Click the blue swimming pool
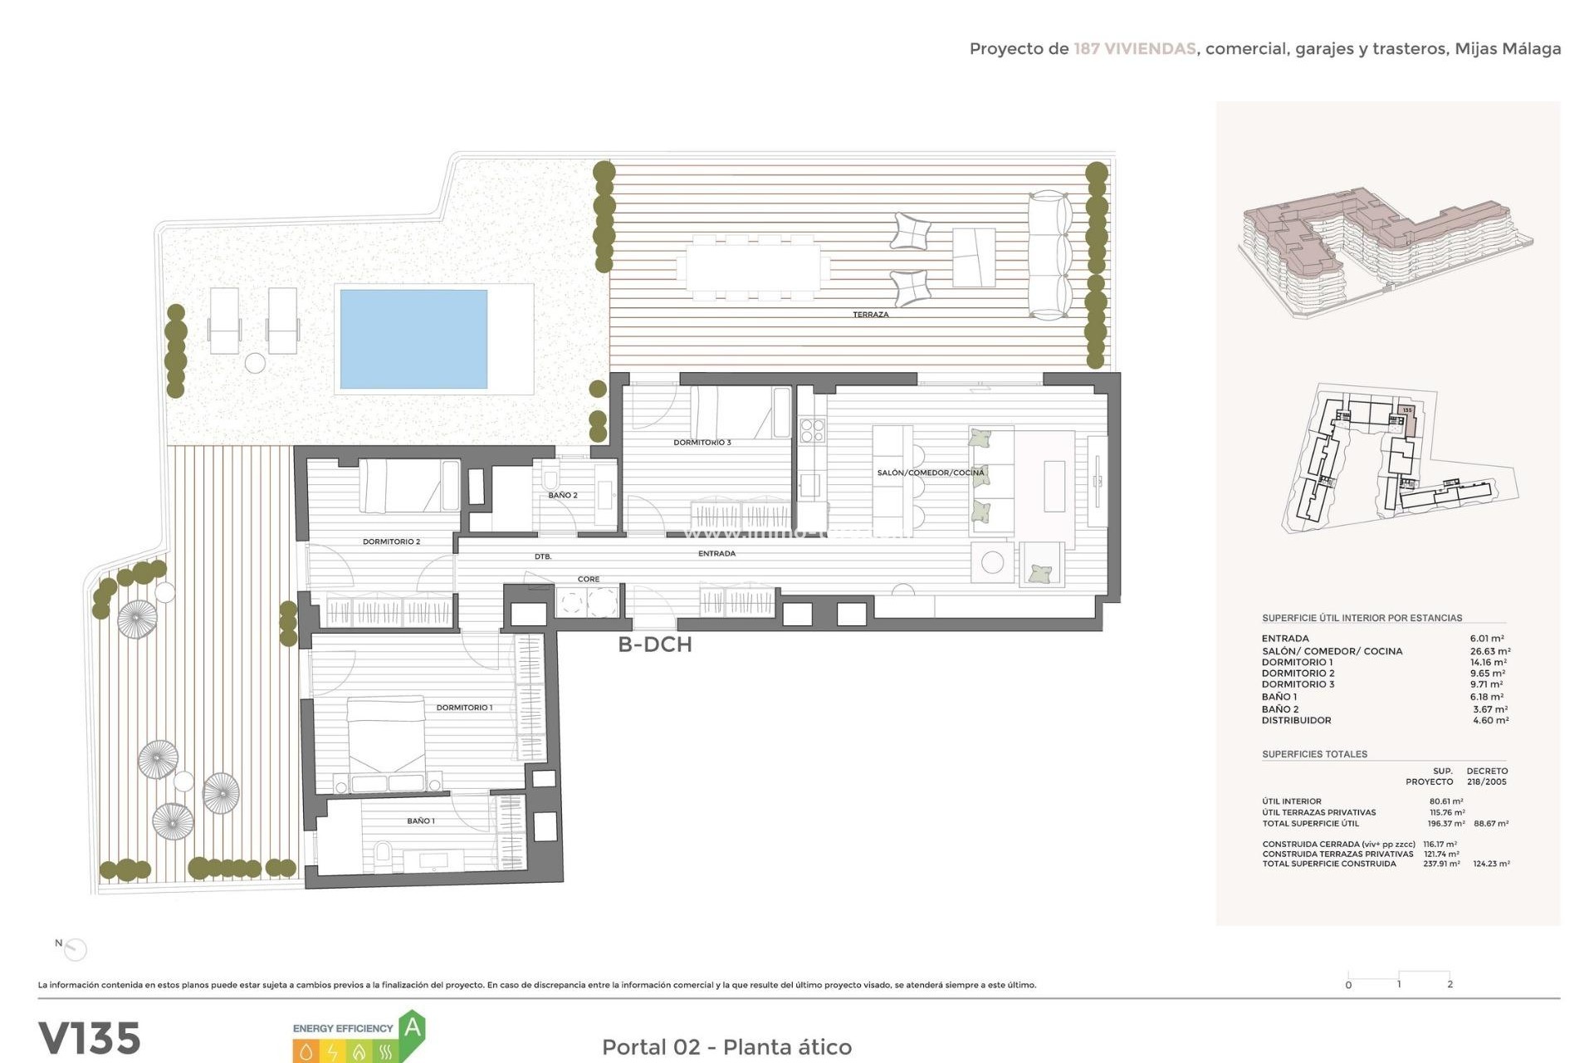click(413, 338)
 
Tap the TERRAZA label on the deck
click(870, 315)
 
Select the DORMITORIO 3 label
click(702, 443)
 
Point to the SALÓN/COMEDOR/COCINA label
click(930, 473)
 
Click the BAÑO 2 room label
click(562, 495)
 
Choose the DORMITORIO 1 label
click(464, 708)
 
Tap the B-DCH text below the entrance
click(654, 644)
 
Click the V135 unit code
click(90, 1038)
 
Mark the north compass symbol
click(76, 948)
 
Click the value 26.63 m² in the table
click(1489, 651)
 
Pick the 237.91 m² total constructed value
click(1441, 864)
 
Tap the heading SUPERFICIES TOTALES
click(1314, 754)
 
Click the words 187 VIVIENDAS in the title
click(1134, 49)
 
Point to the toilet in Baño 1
click(383, 852)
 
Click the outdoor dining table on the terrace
click(753, 267)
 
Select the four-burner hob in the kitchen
click(812, 430)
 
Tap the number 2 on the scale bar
click(1450, 984)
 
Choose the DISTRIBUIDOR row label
click(1296, 720)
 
